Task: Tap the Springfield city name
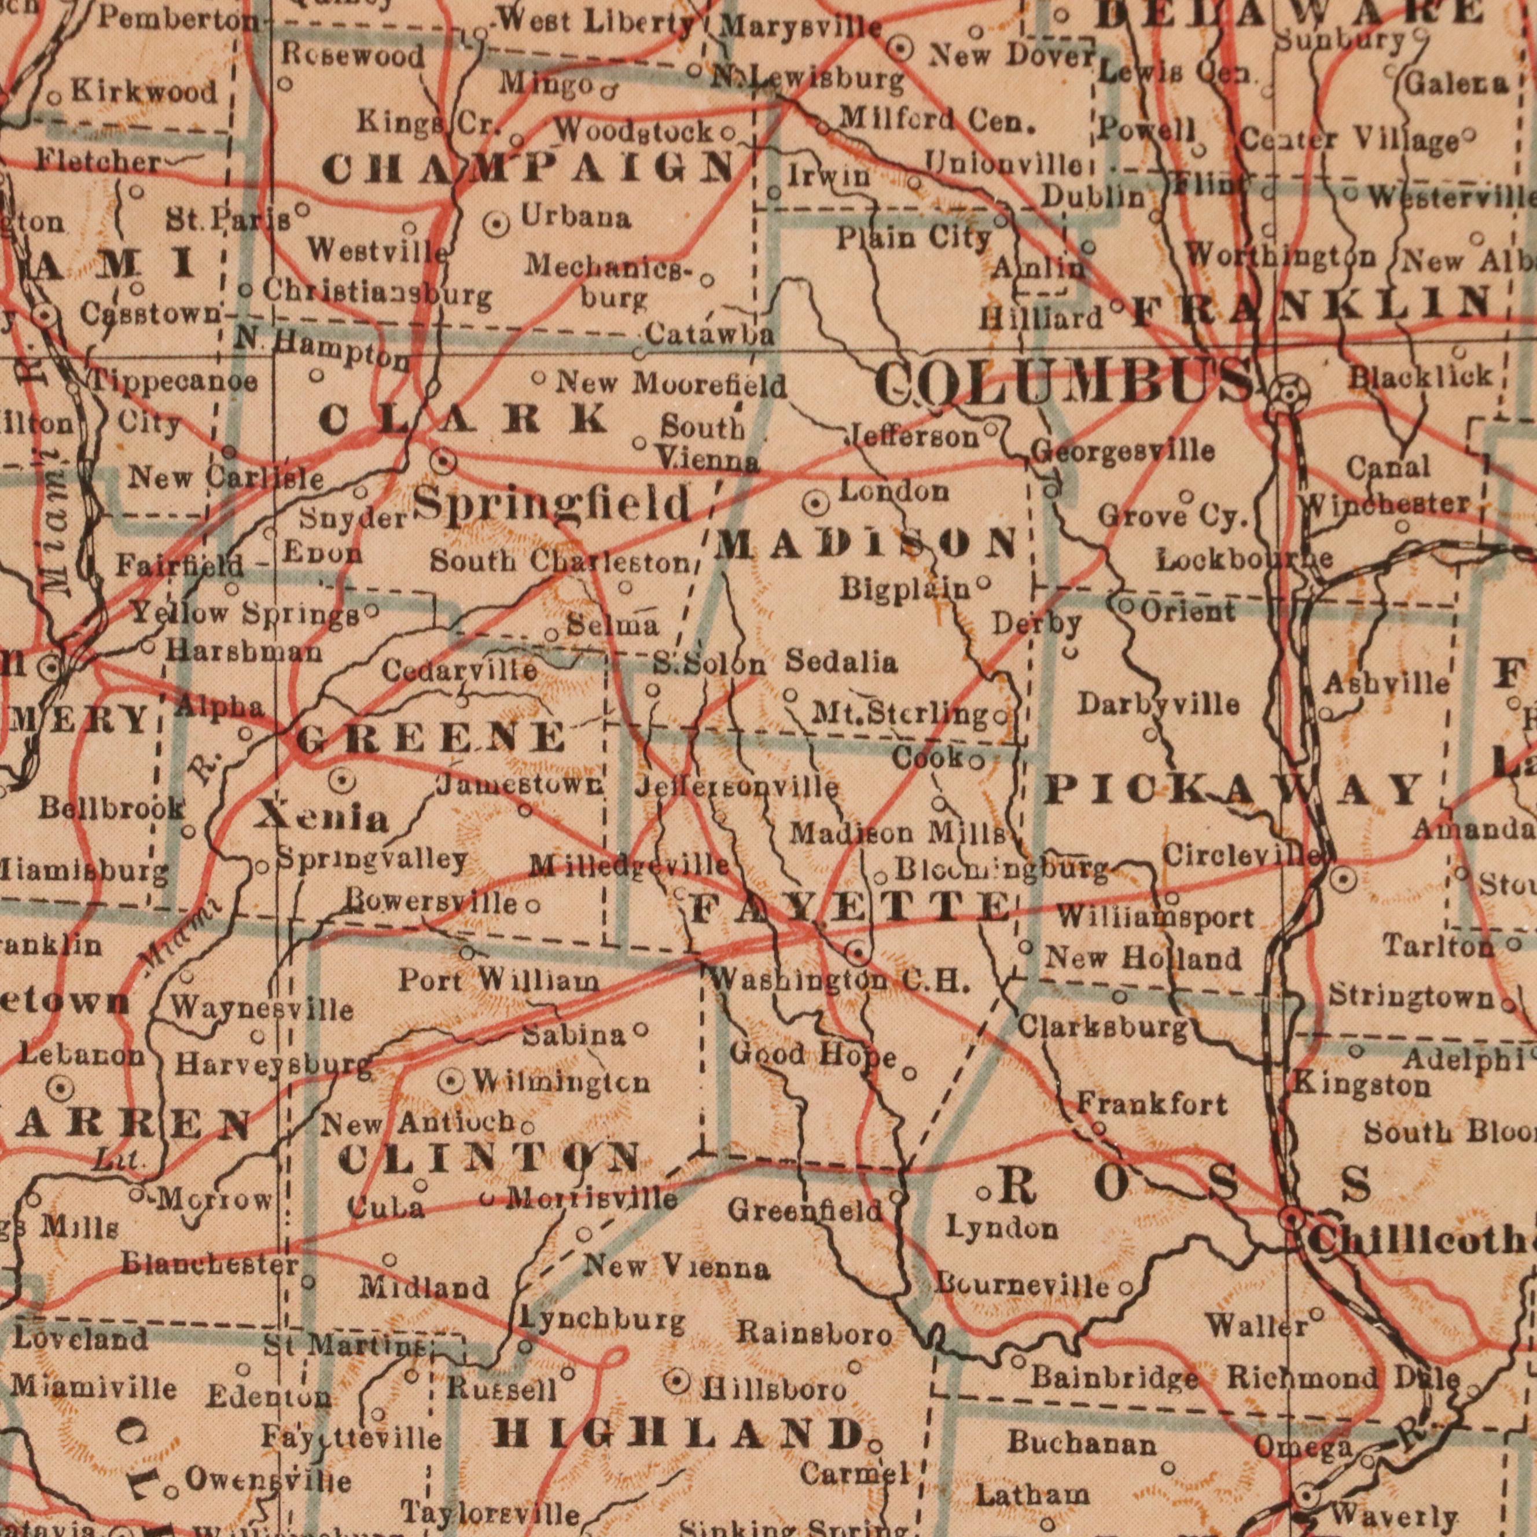click(553, 505)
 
